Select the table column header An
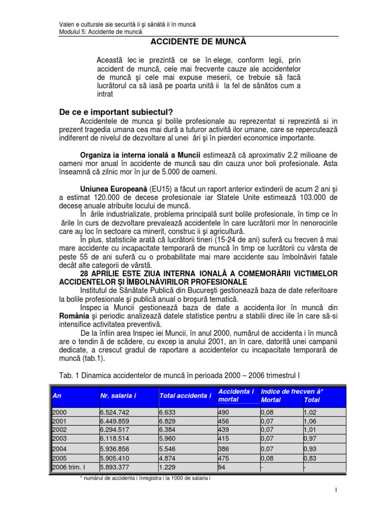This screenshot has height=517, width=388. click(57, 395)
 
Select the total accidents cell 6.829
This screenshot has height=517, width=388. click(167, 421)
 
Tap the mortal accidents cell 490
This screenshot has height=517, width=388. click(223, 412)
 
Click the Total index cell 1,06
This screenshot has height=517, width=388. click(310, 421)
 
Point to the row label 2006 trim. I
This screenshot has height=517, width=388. click(69, 467)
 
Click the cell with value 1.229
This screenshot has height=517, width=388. click(167, 467)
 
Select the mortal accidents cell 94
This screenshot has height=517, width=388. click(221, 467)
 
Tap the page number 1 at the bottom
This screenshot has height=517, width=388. click(335, 490)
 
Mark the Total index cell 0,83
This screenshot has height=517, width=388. click(310, 458)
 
